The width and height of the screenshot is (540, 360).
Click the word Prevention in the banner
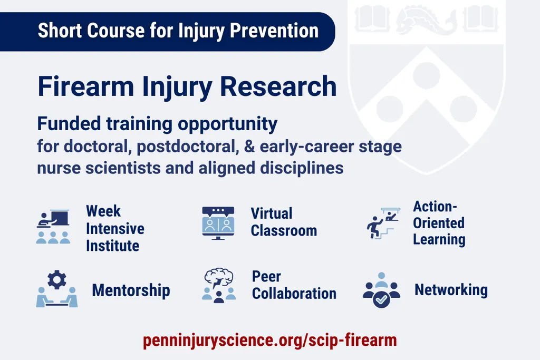(x=274, y=31)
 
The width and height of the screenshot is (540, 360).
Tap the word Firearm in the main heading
(x=86, y=86)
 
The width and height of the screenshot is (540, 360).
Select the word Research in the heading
(x=278, y=86)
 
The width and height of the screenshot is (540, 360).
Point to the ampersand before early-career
(x=249, y=147)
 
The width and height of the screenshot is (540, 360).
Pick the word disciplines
(x=302, y=168)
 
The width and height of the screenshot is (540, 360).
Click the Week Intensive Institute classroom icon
(x=53, y=227)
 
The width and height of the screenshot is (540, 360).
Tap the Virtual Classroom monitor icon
(x=218, y=223)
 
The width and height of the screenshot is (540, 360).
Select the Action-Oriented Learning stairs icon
(x=383, y=223)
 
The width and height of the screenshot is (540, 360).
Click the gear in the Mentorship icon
(x=57, y=279)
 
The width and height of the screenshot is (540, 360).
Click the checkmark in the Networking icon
(x=382, y=300)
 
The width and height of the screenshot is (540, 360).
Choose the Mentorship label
(x=131, y=290)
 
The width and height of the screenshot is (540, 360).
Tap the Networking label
(x=451, y=290)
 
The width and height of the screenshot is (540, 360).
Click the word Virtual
(x=272, y=213)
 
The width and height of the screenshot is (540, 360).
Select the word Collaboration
(x=294, y=294)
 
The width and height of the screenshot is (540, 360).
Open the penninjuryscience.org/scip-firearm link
(x=269, y=340)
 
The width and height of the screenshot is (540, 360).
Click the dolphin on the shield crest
(x=426, y=20)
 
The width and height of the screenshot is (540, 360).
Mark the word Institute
(x=113, y=246)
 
